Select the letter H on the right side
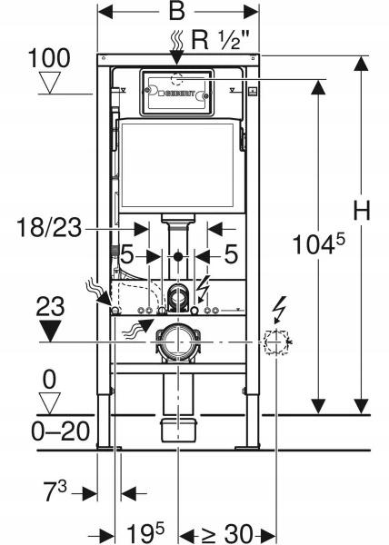[364, 211]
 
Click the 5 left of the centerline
[129, 255]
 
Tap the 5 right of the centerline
[231, 255]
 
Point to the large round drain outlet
[179, 342]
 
